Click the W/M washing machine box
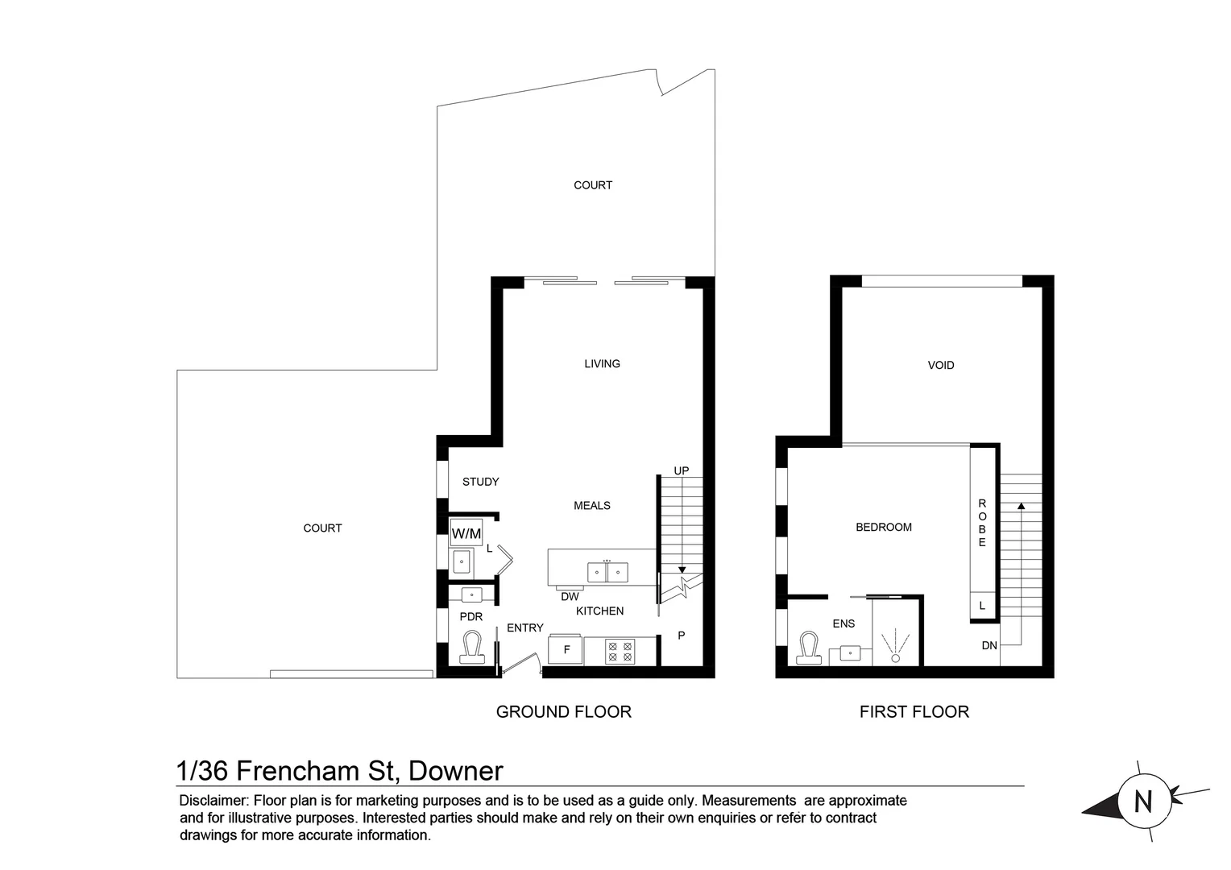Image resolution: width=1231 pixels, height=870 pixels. (x=466, y=533)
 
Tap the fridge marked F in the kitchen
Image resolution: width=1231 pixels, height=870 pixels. (x=566, y=650)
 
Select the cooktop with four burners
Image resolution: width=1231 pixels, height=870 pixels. (x=620, y=651)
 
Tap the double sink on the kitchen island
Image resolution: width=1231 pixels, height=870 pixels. (x=607, y=572)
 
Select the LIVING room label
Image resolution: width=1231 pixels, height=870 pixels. (x=602, y=363)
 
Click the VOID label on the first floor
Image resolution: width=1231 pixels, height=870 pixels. (x=940, y=365)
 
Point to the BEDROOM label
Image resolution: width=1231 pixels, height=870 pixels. (x=883, y=527)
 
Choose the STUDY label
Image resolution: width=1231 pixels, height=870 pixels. (x=480, y=482)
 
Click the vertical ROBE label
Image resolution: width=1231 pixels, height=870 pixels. (x=982, y=523)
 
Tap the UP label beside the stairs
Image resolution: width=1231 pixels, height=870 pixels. (x=681, y=470)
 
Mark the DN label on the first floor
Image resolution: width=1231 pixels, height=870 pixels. (x=989, y=645)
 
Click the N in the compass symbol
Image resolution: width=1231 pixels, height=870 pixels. (x=1142, y=802)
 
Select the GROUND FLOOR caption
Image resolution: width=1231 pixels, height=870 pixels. (x=563, y=711)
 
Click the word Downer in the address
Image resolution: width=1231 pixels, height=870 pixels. (x=456, y=771)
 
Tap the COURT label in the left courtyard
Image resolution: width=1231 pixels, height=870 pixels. (x=322, y=528)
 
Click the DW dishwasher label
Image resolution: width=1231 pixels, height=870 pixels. (x=570, y=597)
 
